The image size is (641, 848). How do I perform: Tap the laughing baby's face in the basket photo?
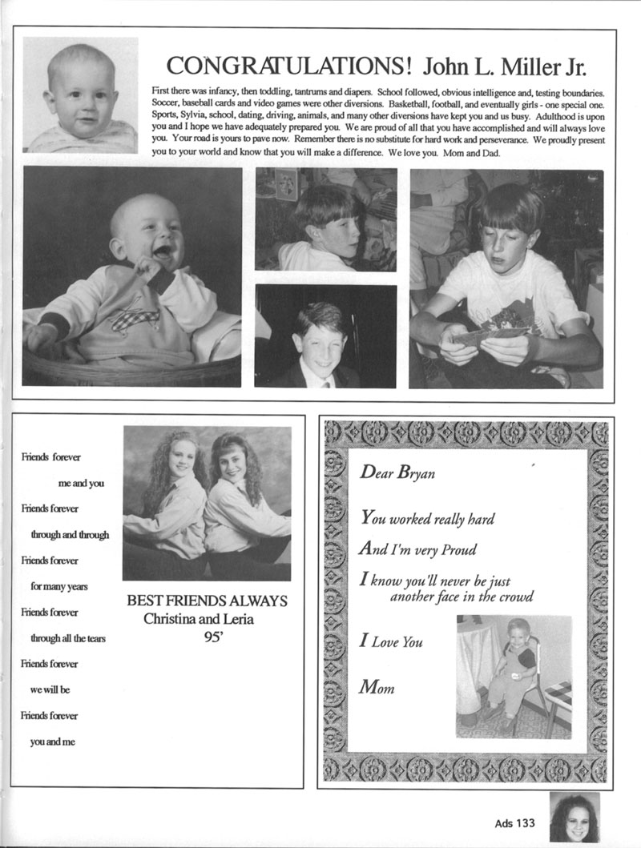(x=153, y=233)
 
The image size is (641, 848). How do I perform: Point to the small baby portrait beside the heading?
(x=80, y=94)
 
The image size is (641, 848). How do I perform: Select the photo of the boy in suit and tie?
(x=325, y=336)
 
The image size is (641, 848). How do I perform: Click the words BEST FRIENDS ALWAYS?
(x=207, y=601)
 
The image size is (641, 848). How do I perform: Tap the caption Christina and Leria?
(x=207, y=619)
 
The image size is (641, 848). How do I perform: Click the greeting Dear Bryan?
(x=397, y=473)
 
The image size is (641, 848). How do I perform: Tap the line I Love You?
(x=391, y=641)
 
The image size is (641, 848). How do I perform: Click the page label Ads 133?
(x=514, y=822)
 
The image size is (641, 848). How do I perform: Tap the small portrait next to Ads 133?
(x=574, y=818)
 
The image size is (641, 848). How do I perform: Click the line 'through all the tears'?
(x=68, y=638)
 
